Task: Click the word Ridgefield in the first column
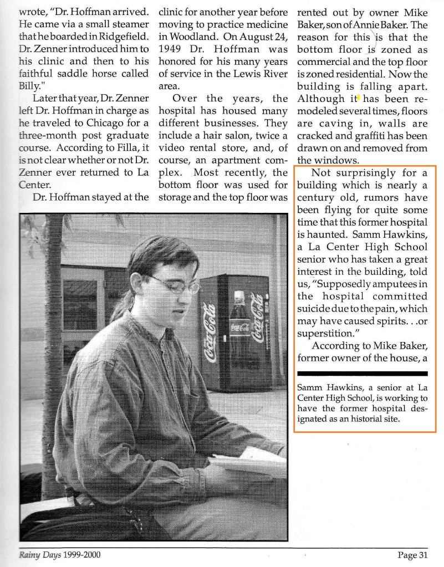123,39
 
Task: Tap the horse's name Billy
23,85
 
